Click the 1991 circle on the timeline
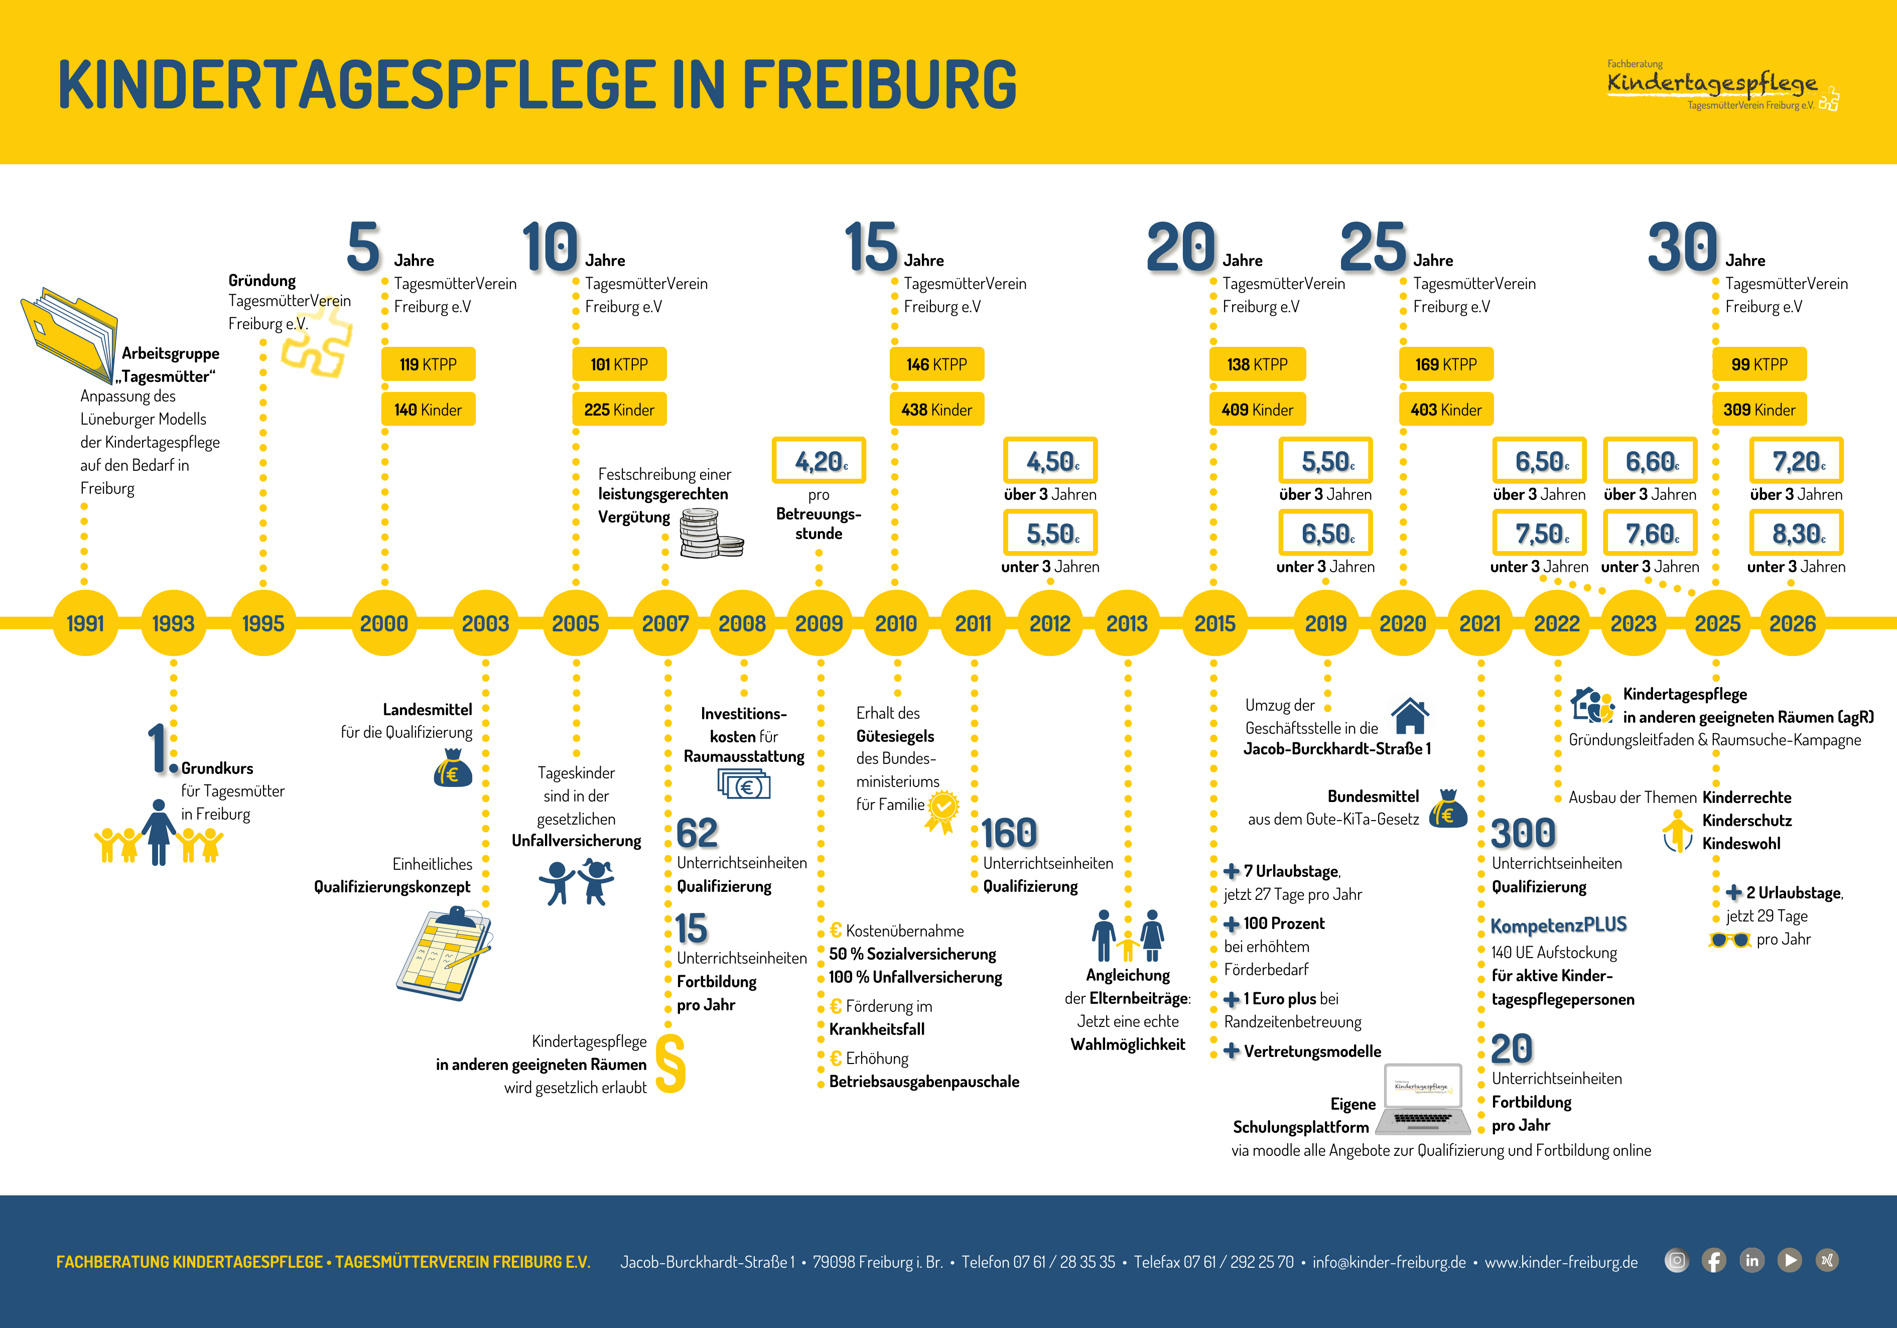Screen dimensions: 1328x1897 (85, 623)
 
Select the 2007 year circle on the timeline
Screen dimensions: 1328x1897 (665, 623)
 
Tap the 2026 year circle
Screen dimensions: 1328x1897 (1792, 623)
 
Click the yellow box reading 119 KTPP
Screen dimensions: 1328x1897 (428, 364)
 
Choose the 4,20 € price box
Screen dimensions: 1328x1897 (819, 460)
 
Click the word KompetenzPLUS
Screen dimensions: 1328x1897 (1558, 924)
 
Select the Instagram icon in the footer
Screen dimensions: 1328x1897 (1676, 1261)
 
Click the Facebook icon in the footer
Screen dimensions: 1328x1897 (1714, 1261)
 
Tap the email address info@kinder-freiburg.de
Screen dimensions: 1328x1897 (1389, 1262)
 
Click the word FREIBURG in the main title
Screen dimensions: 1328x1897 (879, 85)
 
